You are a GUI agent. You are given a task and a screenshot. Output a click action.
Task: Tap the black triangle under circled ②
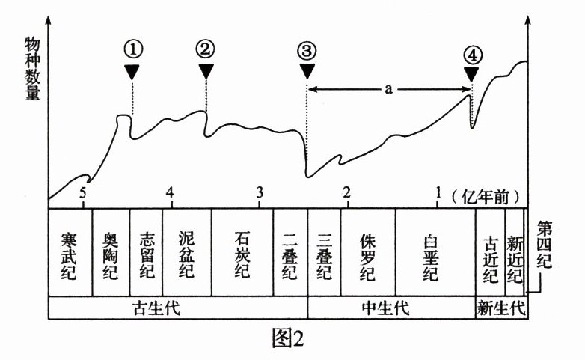click(206, 71)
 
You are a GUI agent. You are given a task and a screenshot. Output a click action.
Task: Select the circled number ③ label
click(306, 51)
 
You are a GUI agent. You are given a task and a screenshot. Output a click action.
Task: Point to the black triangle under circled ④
click(471, 73)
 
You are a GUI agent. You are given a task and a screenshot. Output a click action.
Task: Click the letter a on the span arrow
click(388, 89)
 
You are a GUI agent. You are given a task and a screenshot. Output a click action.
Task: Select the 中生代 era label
click(391, 308)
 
